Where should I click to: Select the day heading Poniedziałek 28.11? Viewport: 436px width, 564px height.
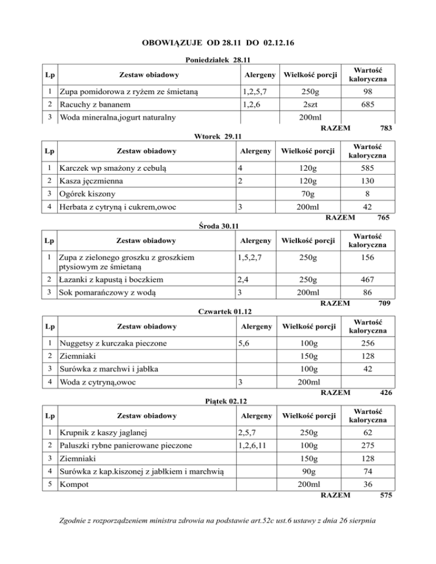[219, 59]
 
